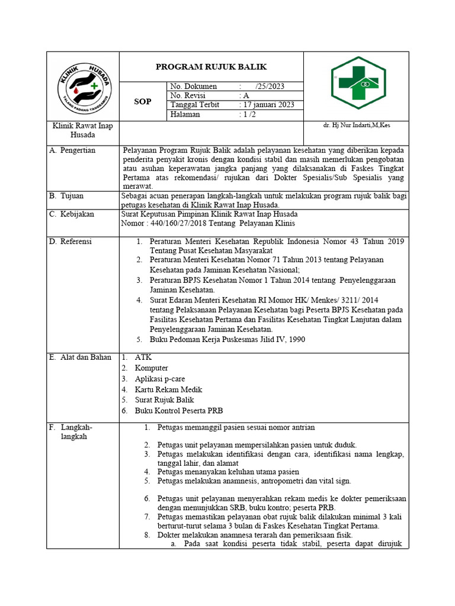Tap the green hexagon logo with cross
pyautogui.click(x=358, y=83)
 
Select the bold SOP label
pyautogui.click(x=142, y=101)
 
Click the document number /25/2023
pyautogui.click(x=270, y=86)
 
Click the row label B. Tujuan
pyautogui.click(x=66, y=195)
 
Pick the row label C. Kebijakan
pyautogui.click(x=73, y=214)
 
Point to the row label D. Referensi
pyautogui.click(x=73, y=241)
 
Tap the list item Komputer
pyautogui.click(x=151, y=368)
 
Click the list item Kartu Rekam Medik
pyautogui.click(x=168, y=389)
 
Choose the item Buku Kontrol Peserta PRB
pyautogui.click(x=178, y=411)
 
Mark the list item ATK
pyautogui.click(x=143, y=357)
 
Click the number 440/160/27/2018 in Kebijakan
pyautogui.click(x=181, y=223)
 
